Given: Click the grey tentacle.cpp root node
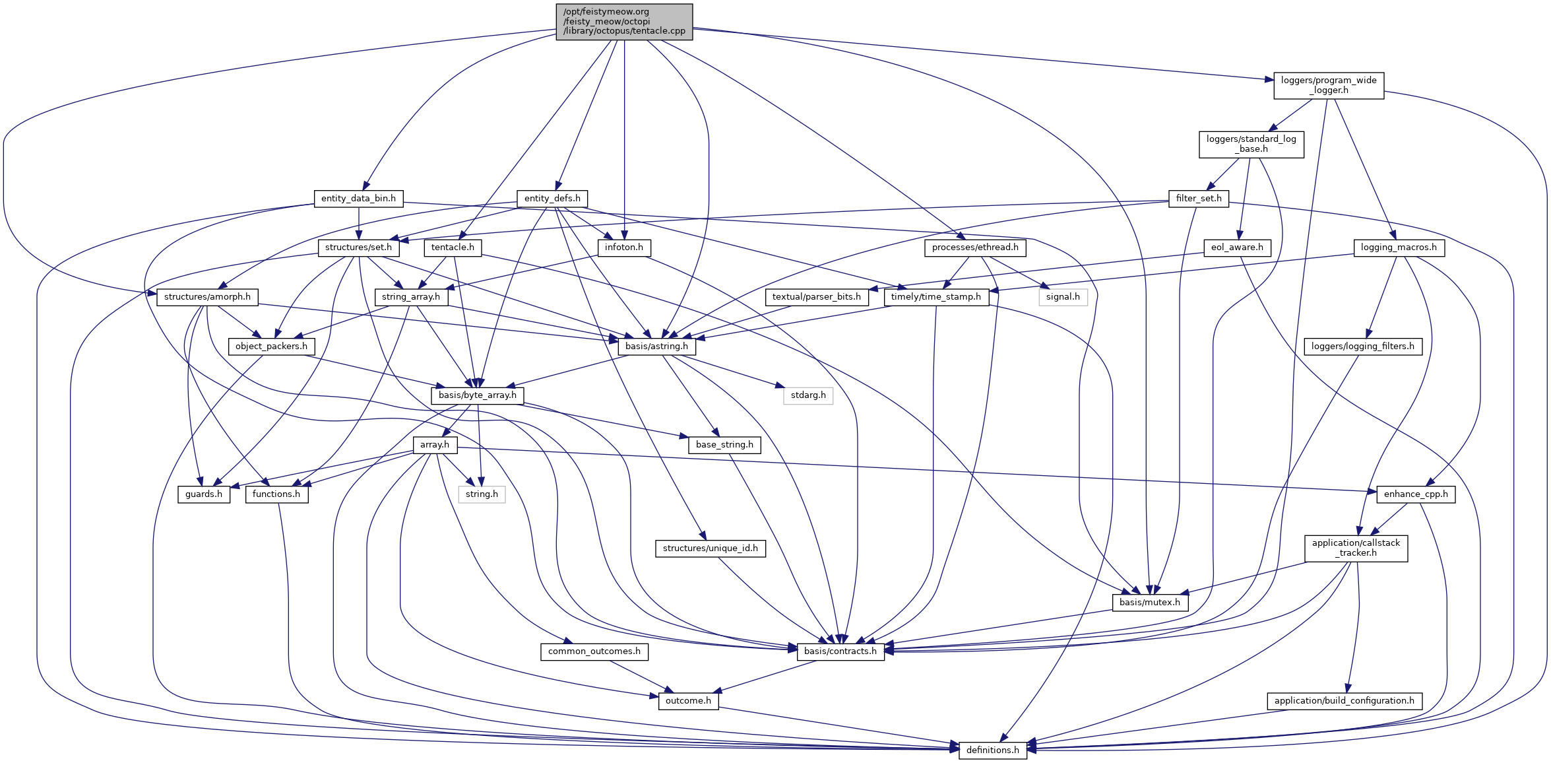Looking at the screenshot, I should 624,22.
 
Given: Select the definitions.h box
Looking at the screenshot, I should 992,750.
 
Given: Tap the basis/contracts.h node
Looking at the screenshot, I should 840,651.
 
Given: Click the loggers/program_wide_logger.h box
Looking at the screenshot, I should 1328,86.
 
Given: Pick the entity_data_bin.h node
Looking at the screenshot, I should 358,199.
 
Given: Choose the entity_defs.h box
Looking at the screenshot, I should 552,199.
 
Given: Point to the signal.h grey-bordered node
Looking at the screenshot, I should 1063,297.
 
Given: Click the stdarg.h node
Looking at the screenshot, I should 808,395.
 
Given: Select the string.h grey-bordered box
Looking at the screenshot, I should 482,494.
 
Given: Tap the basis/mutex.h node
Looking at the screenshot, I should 1149,603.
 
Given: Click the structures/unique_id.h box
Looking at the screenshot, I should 710,548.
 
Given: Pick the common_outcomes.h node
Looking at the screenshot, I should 594,651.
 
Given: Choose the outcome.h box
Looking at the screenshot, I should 688,701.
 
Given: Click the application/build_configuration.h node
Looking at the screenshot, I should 1344,701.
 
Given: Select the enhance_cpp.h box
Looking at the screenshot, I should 1416,494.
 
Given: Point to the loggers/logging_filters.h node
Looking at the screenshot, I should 1362,347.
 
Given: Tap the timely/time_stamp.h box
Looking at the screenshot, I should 935,297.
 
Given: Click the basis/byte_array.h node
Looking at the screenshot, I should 478,395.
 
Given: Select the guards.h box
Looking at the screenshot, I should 204,494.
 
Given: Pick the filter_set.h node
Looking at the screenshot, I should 1198,199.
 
